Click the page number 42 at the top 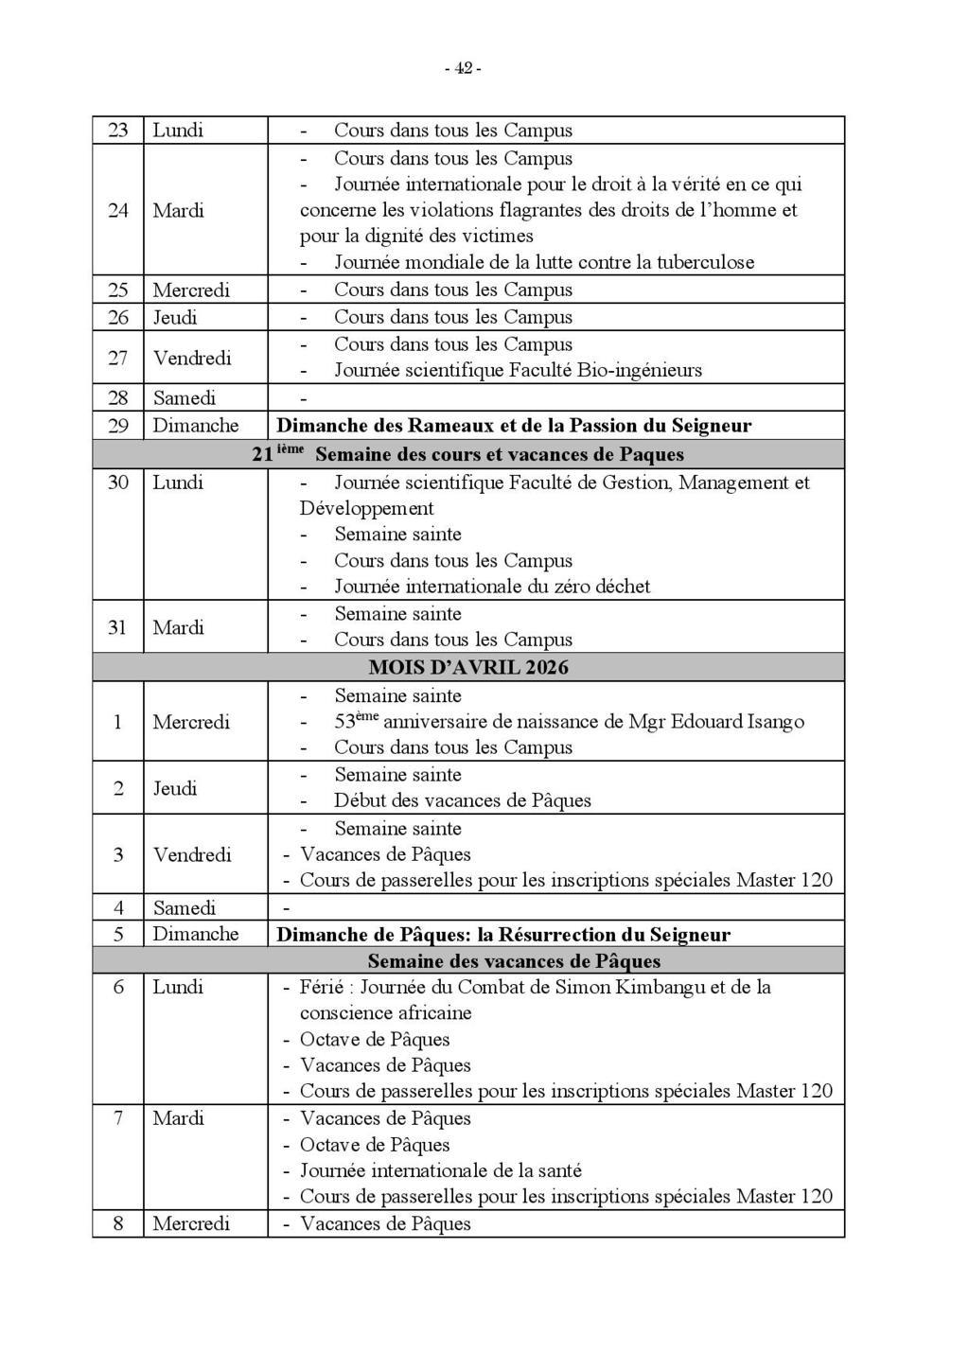tap(464, 68)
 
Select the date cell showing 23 tap(117, 131)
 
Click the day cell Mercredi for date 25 tap(191, 290)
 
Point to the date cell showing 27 tap(117, 358)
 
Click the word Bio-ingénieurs tap(639, 370)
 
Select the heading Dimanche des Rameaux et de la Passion tap(514, 426)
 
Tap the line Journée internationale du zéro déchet tap(492, 587)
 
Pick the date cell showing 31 tap(117, 627)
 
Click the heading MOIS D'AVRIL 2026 tap(468, 668)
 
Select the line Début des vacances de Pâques tap(462, 800)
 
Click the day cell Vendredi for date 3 tap(192, 854)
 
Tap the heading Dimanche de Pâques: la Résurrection tap(503, 935)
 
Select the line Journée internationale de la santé tap(440, 1170)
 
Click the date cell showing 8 tap(118, 1223)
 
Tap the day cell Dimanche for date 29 tap(196, 426)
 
